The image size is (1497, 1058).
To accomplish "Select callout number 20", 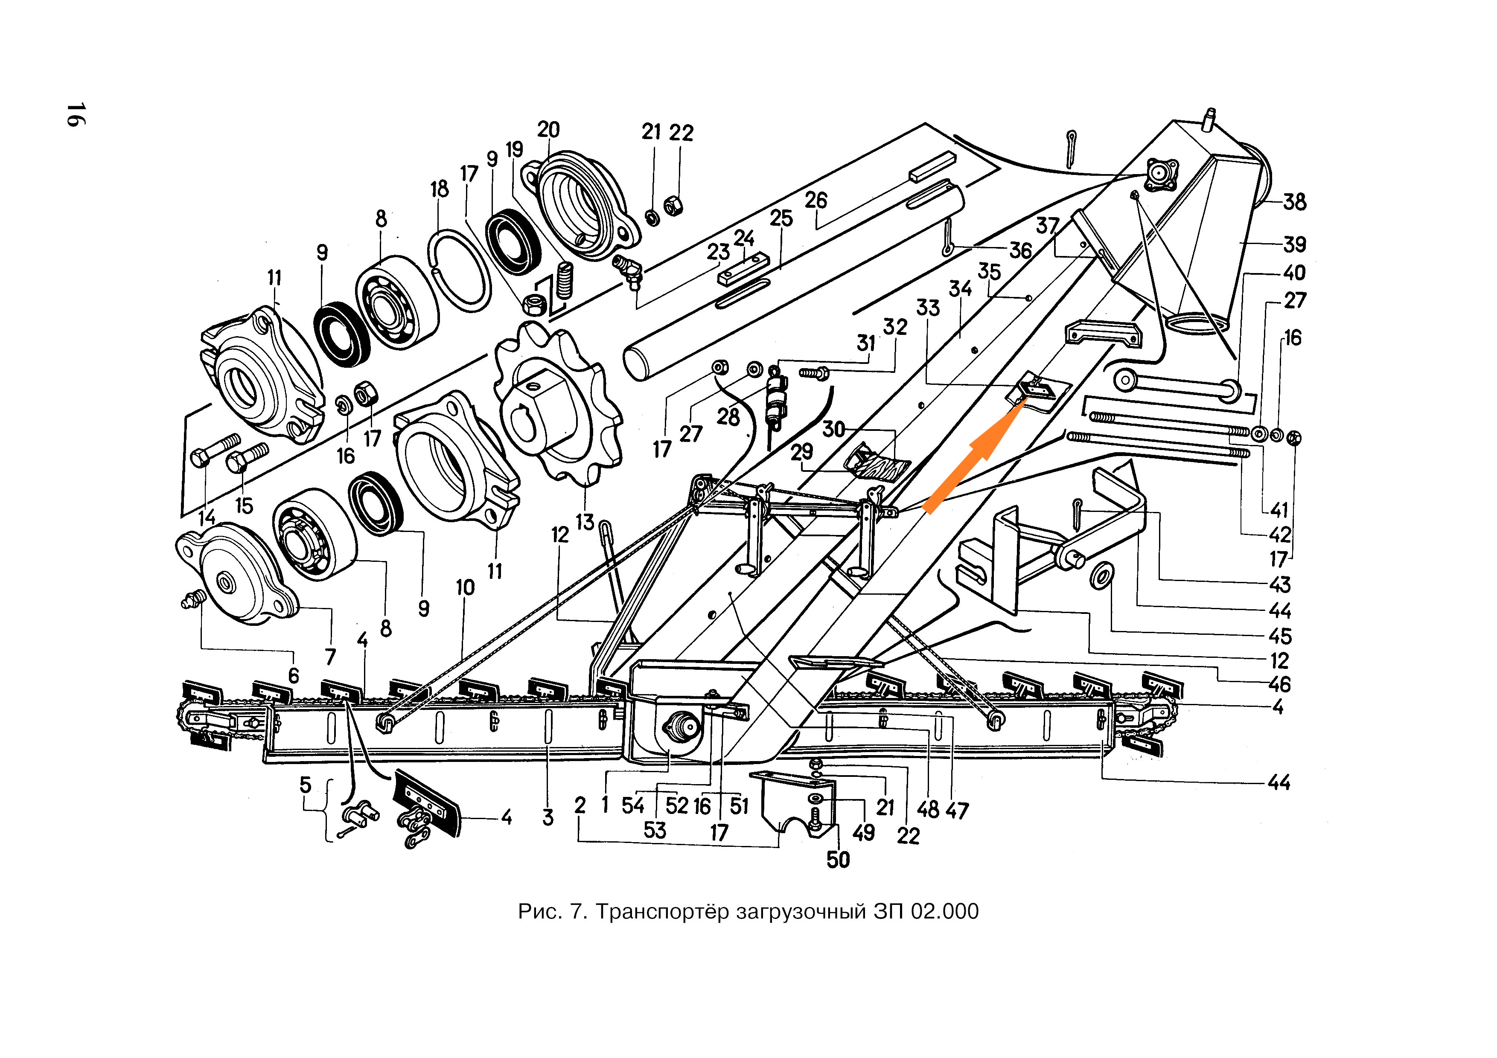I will point(548,130).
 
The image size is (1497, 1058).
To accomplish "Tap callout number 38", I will point(1294,202).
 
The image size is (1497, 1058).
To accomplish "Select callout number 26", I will point(815,200).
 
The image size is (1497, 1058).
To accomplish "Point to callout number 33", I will point(928,308).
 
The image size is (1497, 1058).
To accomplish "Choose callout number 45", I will point(1280,636).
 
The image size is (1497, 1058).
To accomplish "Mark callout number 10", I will point(465,587).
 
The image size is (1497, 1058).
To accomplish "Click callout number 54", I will point(632,806).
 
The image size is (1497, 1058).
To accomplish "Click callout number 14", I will point(207,517).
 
